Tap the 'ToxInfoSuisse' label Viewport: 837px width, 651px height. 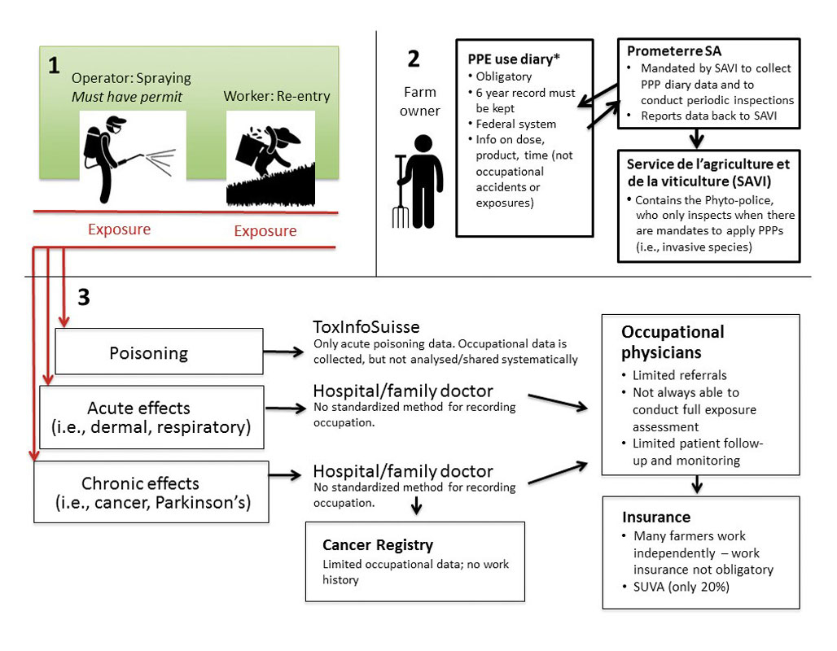(x=366, y=327)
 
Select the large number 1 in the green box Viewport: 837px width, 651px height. (x=54, y=66)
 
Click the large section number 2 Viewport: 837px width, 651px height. (x=413, y=58)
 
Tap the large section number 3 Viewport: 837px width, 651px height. (x=84, y=298)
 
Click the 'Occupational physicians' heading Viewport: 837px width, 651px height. (x=673, y=342)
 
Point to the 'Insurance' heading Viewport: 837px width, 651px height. (x=656, y=517)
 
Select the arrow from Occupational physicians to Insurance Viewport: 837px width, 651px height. (x=697, y=485)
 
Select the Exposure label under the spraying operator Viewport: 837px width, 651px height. (x=119, y=229)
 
